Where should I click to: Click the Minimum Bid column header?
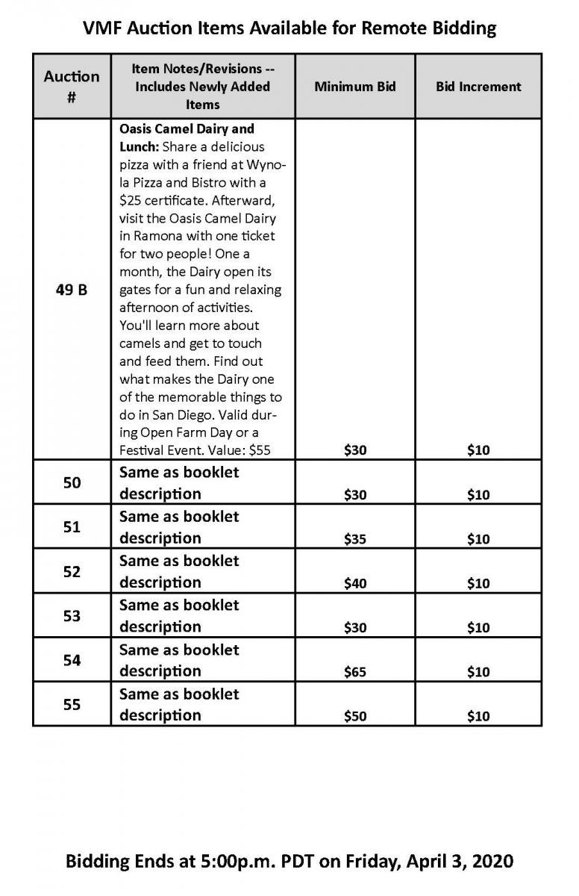(354, 87)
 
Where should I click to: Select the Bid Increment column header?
(478, 87)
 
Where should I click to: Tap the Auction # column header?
(72, 86)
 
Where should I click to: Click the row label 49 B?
(72, 290)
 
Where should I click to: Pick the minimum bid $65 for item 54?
(355, 672)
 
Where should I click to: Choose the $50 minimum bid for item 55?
(355, 716)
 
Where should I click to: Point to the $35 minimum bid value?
(355, 539)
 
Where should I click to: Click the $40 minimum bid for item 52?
(355, 583)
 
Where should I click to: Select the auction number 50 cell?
(72, 483)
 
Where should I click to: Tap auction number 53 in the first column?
(72, 616)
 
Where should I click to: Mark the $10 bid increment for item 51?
(478, 539)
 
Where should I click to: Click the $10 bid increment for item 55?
(478, 716)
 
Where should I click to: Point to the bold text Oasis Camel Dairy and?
(187, 128)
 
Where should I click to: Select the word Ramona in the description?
(159, 236)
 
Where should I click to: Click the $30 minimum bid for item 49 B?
(355, 450)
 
